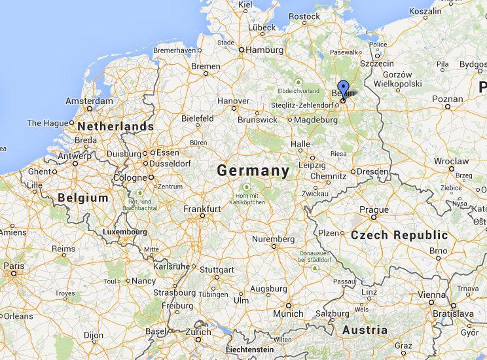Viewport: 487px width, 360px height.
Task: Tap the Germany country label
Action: click(x=253, y=171)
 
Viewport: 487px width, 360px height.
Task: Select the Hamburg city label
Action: click(x=264, y=50)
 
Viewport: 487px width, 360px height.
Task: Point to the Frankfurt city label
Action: click(x=202, y=209)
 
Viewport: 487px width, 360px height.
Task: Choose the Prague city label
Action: click(x=374, y=210)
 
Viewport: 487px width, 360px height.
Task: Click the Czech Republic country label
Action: click(x=399, y=235)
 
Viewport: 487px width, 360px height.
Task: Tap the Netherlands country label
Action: click(x=116, y=126)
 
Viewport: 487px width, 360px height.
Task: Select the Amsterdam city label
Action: click(x=89, y=101)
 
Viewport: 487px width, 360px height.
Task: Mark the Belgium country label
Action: click(x=82, y=197)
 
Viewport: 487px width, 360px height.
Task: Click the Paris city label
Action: click(x=14, y=266)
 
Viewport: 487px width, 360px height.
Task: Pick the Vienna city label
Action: click(x=431, y=295)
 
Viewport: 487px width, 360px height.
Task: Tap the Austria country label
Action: click(x=365, y=330)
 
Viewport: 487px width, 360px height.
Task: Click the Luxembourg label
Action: click(x=124, y=232)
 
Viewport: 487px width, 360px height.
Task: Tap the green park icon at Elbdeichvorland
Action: click(x=298, y=82)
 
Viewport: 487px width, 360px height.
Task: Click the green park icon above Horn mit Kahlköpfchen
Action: click(x=247, y=191)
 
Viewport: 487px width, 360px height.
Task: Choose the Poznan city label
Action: click(x=447, y=99)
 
